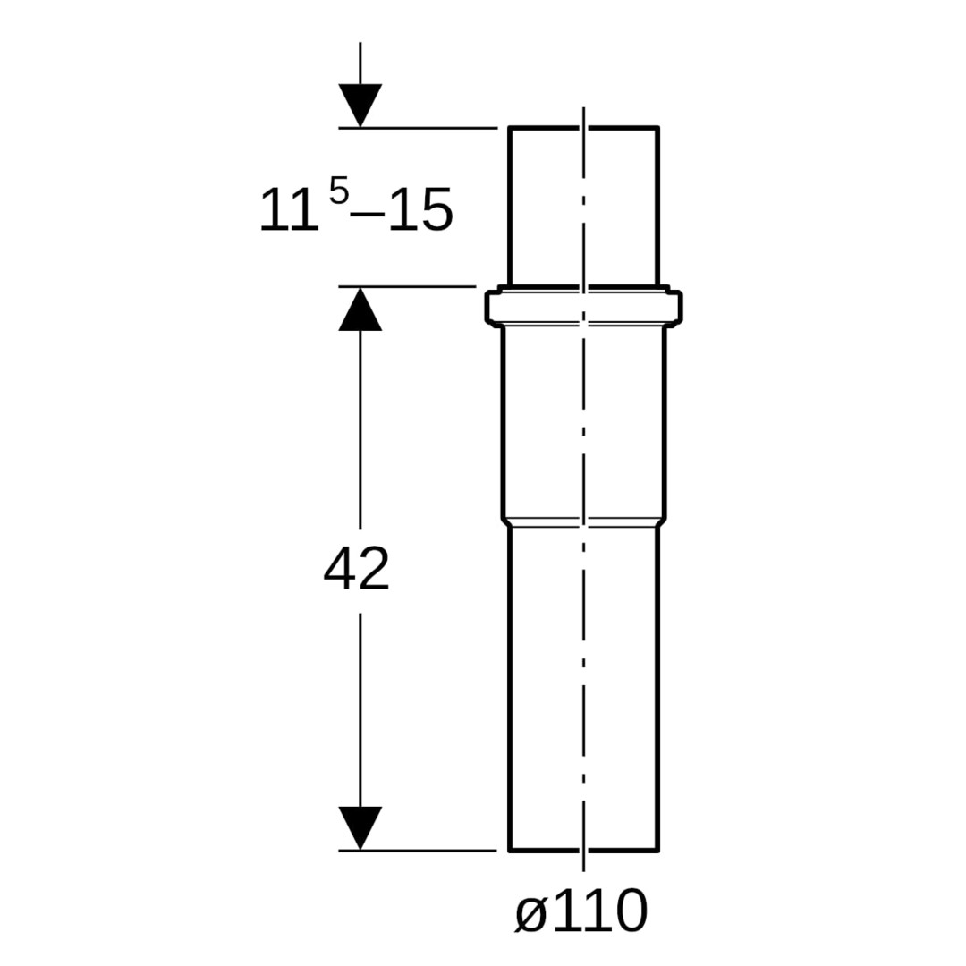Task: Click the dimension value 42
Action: pyautogui.click(x=357, y=569)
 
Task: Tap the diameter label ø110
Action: pyautogui.click(x=581, y=911)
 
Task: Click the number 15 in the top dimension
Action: pyautogui.click(x=420, y=209)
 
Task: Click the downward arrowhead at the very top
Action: pyautogui.click(x=360, y=106)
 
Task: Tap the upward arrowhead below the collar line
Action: pyautogui.click(x=360, y=309)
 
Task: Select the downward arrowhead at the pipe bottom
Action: pyautogui.click(x=360, y=828)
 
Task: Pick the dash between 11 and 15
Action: pyautogui.click(x=369, y=214)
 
